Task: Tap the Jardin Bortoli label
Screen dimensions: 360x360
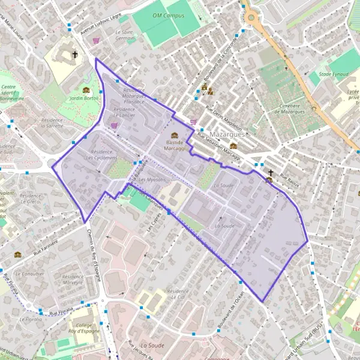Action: click(84, 97)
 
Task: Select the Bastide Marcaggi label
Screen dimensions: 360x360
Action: click(175, 145)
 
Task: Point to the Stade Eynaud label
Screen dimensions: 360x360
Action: click(334, 74)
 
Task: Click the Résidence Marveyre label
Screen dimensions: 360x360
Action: click(73, 280)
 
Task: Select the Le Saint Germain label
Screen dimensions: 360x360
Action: click(125, 35)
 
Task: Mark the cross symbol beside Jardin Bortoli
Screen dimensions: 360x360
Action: click(75, 55)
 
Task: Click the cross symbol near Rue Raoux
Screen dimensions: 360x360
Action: click(271, 172)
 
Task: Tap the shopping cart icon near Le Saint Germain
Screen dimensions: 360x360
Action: click(96, 41)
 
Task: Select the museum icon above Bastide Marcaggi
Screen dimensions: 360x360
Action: click(175, 135)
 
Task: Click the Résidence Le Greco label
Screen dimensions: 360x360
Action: click(30, 199)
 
